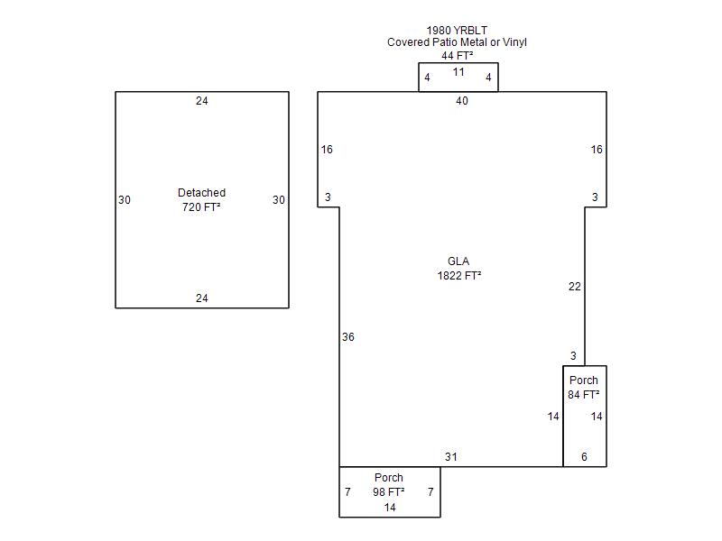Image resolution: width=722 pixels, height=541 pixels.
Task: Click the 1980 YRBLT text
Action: point(458,31)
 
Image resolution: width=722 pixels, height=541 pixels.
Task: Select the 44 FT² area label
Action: point(458,56)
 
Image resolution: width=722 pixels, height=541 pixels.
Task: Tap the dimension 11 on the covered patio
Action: point(458,72)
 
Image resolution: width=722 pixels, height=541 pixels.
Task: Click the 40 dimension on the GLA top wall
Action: point(462,101)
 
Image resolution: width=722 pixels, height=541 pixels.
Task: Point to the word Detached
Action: point(201,193)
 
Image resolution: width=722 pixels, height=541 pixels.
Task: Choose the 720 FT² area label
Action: point(201,207)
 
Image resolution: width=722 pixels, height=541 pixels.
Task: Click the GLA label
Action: point(458,262)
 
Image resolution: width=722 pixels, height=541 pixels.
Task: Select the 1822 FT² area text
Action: point(458,277)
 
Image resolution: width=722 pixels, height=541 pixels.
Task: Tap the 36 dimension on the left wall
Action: point(348,337)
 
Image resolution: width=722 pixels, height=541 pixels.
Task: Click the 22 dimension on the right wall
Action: point(575,287)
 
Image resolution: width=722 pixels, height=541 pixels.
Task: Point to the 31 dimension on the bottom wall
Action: point(451,457)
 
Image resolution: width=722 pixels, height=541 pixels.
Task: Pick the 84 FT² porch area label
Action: point(584,395)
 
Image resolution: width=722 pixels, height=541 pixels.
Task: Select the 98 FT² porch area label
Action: point(389,492)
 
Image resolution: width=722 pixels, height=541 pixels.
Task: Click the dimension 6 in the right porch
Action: point(584,457)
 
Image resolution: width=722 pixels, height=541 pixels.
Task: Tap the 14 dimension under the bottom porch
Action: point(390,508)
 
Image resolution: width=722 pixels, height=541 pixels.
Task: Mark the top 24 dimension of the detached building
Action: point(202,101)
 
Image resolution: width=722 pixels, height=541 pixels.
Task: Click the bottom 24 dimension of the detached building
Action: point(202,298)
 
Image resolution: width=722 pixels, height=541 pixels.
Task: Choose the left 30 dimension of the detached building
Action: point(125,200)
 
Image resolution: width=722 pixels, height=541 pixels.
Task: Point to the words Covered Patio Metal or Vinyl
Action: point(458,42)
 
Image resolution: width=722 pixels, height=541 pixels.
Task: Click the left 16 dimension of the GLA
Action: point(327,150)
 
